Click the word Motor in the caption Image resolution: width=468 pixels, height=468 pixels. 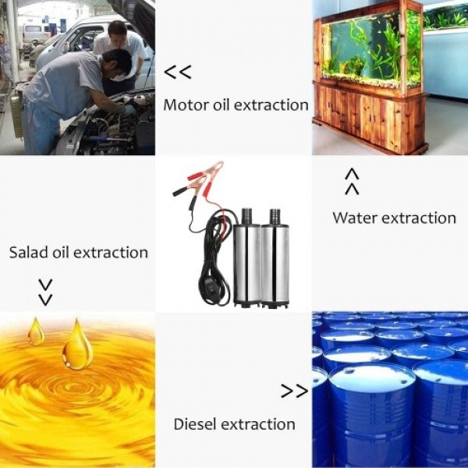tap(186, 105)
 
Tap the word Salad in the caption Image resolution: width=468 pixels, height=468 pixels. tap(28, 252)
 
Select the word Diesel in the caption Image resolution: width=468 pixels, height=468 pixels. tap(194, 424)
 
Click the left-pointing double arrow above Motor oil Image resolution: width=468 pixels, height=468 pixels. tap(178, 73)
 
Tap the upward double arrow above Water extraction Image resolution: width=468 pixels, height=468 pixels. tap(352, 182)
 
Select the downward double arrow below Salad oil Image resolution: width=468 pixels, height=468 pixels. tap(45, 292)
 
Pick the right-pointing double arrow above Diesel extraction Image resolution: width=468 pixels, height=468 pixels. tap(294, 391)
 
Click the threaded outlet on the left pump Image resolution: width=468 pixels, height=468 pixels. tap(246, 216)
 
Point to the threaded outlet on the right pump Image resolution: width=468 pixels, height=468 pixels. tap(275, 217)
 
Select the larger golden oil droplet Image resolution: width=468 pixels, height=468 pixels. tap(77, 345)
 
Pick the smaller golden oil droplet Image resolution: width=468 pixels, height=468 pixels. tap(36, 331)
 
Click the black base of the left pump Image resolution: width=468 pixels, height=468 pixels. tap(246, 304)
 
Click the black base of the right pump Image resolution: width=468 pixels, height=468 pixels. tap(275, 304)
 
